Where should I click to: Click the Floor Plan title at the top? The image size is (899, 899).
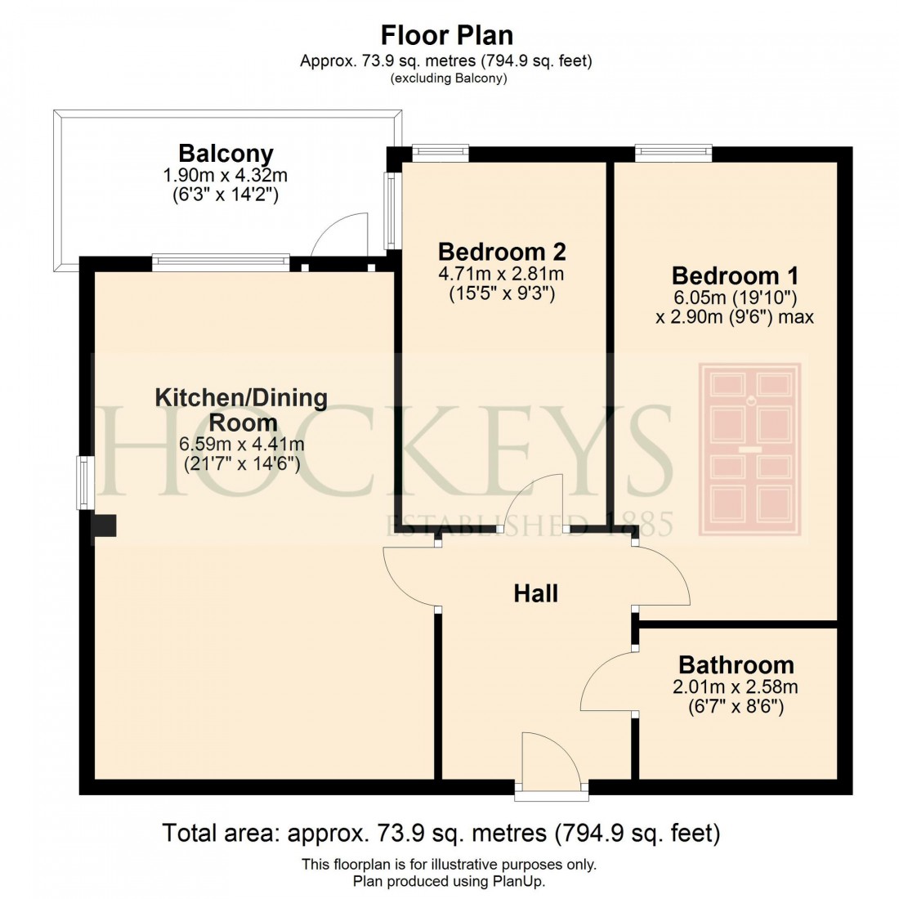tap(447, 35)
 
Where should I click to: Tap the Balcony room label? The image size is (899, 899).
tap(226, 153)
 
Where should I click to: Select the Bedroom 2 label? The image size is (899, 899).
tap(502, 251)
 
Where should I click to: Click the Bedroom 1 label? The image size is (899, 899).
tap(735, 275)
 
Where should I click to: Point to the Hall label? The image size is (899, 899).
tap(535, 593)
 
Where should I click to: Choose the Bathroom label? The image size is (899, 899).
tap(736, 664)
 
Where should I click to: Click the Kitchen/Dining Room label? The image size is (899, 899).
tap(241, 409)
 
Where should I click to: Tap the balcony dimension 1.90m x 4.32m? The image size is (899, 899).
tap(226, 175)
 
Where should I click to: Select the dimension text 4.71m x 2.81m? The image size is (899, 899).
tap(502, 273)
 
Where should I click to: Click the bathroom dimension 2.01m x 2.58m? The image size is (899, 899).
tap(736, 687)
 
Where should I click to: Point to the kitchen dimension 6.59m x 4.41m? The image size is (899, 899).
tap(241, 445)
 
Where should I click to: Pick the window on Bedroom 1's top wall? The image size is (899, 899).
tap(673, 152)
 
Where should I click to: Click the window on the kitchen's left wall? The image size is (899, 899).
tap(85, 483)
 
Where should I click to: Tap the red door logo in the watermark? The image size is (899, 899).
tap(749, 449)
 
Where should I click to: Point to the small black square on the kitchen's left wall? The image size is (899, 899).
tap(105, 526)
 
